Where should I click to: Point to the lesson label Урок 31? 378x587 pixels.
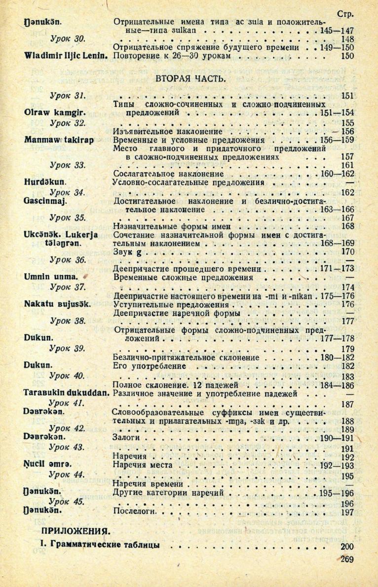point(68,95)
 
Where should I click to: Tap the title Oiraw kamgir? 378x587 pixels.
point(48,113)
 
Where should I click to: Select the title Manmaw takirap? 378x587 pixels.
point(55,141)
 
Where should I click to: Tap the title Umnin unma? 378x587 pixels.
point(48,277)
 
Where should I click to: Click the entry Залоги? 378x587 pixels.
point(128,438)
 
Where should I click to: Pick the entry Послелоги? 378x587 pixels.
point(135,513)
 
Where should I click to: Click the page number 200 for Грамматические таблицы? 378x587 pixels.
point(348,547)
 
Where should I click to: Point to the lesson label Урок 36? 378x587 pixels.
point(68,260)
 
